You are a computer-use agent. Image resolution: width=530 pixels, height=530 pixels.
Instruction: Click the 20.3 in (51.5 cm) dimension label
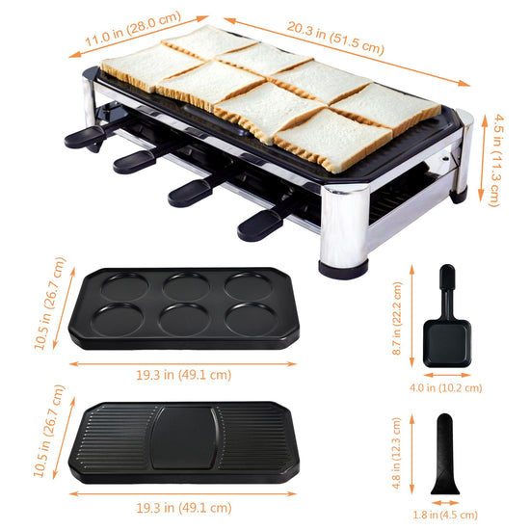pos(335,38)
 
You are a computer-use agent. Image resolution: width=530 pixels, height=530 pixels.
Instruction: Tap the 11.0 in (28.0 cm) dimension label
pos(133,29)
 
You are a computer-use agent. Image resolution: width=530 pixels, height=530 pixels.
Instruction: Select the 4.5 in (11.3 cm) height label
pos(496,160)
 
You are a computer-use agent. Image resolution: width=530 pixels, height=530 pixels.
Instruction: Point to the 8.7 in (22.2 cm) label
pos(397,318)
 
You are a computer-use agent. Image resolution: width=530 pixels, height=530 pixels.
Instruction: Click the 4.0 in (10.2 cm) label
pos(445,387)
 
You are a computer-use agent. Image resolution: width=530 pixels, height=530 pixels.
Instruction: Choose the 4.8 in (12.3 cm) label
pos(396,453)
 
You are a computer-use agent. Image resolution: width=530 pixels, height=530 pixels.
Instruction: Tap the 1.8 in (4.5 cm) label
pos(445,515)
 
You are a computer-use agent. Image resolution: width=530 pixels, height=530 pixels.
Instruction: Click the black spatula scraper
pos(445,454)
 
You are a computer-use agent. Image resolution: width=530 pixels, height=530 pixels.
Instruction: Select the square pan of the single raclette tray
pos(447,343)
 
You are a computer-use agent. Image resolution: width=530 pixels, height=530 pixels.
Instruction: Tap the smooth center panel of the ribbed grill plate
pos(185,437)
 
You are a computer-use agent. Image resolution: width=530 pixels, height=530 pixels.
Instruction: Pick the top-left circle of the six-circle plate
pos(125,286)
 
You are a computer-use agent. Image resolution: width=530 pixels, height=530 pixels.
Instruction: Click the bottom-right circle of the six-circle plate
pos(252,320)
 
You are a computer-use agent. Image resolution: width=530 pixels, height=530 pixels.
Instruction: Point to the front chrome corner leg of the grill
pos(344,230)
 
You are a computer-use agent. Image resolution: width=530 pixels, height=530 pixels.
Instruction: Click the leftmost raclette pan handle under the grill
pos(85,136)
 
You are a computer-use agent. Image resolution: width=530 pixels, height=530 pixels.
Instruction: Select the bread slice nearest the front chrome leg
pos(333,140)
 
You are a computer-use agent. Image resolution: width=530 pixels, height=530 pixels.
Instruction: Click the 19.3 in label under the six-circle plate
pos(184,375)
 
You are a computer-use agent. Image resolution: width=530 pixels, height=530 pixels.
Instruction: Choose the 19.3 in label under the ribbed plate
pos(184,508)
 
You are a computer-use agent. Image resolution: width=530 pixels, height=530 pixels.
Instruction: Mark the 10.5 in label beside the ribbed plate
pos(49,432)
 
